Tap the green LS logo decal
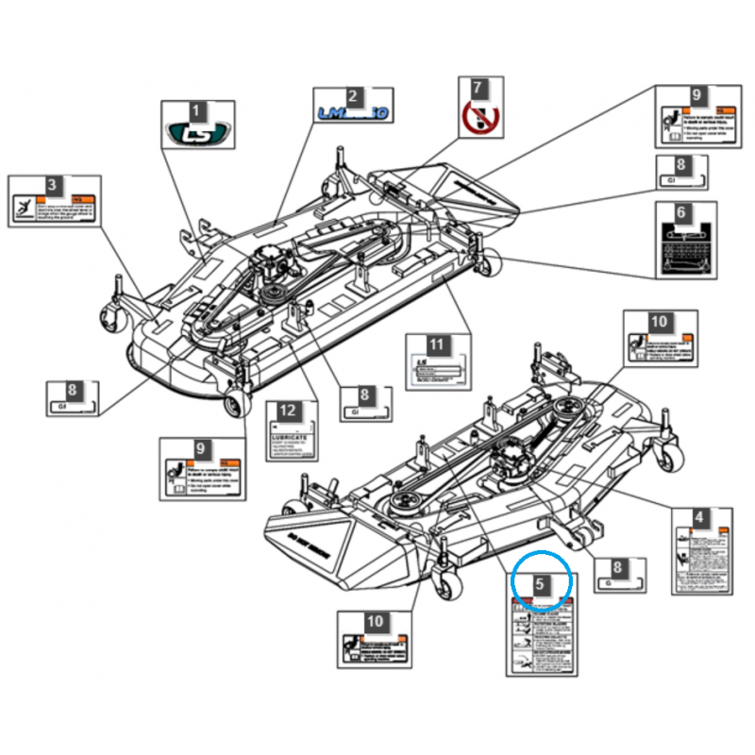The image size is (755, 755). (196, 133)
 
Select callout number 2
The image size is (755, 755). (352, 95)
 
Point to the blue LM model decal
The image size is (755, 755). (352, 114)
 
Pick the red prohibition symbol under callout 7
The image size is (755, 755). (478, 118)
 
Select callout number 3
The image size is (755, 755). (52, 185)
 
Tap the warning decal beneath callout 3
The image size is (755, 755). (52, 209)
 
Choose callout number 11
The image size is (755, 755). (436, 344)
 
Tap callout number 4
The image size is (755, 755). (699, 517)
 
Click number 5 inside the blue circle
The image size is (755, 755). (540, 584)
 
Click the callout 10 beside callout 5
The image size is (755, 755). (376, 621)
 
